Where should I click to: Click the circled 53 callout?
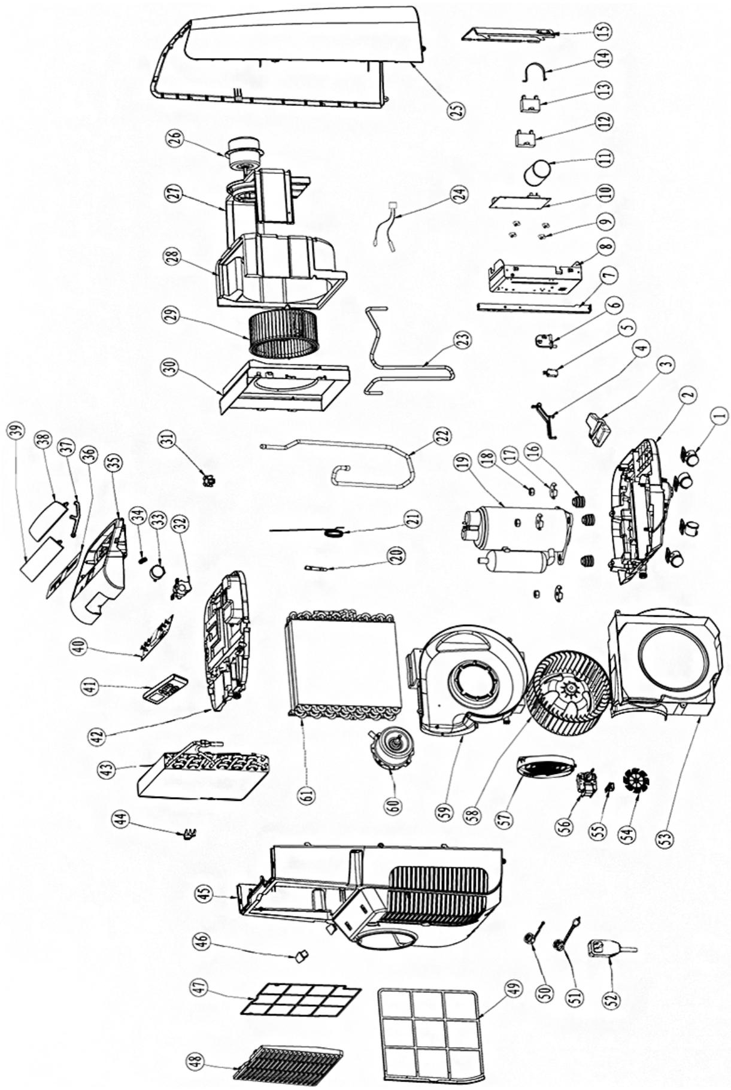click(665, 834)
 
